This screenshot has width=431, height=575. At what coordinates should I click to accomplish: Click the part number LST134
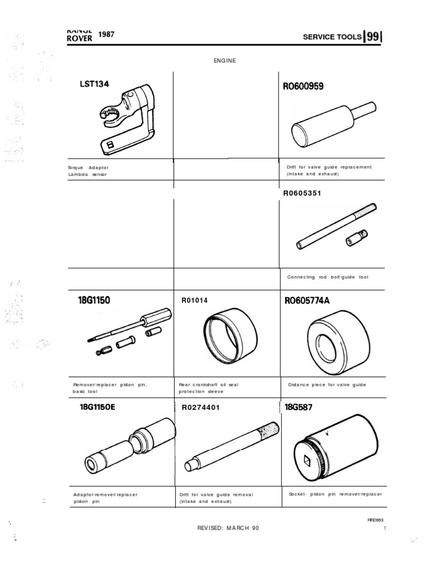pyautogui.click(x=94, y=84)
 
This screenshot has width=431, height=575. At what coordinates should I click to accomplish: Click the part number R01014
pyautogui.click(x=195, y=300)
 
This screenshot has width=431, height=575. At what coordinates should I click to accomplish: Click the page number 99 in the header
pyautogui.click(x=373, y=37)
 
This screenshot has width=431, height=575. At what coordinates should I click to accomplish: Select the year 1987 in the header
pyautogui.click(x=107, y=34)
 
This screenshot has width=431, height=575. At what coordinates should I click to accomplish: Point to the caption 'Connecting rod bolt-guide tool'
pyautogui.click(x=328, y=277)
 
